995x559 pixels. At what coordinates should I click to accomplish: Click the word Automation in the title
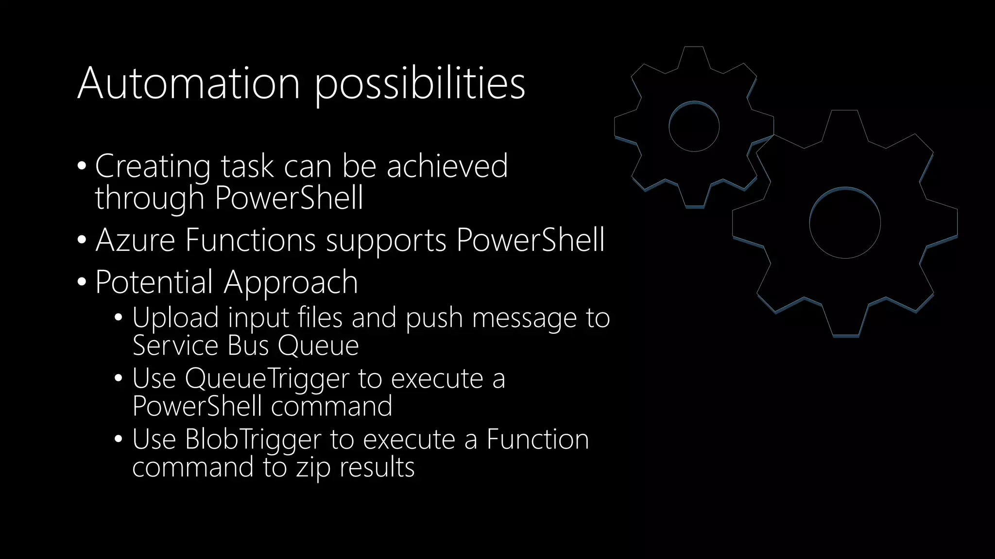click(x=189, y=83)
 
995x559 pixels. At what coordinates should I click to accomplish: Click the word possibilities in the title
click(x=420, y=85)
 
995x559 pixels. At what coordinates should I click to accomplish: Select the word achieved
click(x=447, y=166)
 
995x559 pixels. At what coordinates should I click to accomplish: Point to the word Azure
click(x=135, y=240)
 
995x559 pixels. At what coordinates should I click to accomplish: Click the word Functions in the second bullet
click(x=251, y=240)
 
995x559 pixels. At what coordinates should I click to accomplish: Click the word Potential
click(x=154, y=282)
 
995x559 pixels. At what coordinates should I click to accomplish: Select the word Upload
click(x=175, y=318)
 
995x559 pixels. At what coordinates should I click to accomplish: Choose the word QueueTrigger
click(x=267, y=379)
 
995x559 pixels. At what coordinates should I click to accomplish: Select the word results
click(x=377, y=467)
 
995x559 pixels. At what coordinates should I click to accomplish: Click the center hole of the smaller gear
click(x=694, y=126)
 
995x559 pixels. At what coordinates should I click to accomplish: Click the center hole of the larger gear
click(x=845, y=223)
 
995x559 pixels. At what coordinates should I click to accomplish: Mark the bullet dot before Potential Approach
click(x=82, y=281)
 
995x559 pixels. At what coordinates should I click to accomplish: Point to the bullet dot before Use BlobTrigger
click(x=119, y=439)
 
